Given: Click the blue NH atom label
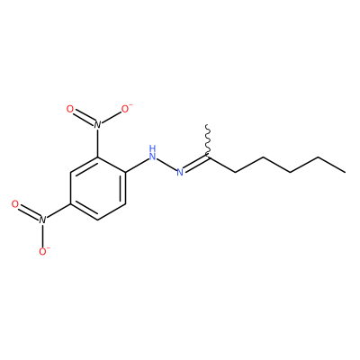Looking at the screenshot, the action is pos(152,152).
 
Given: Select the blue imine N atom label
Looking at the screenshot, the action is pos(180,172).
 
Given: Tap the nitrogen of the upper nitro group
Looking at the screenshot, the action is pos(97,124).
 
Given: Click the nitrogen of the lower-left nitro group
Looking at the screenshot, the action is pos(42,220).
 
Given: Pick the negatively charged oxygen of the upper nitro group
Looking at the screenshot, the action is pos(126,108).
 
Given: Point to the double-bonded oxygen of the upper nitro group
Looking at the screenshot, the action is pos(70,109).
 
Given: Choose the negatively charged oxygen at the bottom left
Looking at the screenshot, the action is pos(43,251).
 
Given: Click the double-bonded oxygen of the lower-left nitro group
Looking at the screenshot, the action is pos(15,204).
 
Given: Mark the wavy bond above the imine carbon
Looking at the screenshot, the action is pos(208,140).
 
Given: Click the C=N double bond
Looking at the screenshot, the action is pos(196,164).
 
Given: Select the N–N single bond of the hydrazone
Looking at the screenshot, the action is pos(166,164).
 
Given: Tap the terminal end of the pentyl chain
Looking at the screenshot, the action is pos(345,172).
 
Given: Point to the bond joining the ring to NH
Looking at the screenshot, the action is pos(137,165).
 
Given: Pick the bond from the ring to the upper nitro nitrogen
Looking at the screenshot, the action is pos(97,143).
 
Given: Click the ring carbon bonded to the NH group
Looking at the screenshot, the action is pos(125,172).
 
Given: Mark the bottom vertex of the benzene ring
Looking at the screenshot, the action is pos(97,220).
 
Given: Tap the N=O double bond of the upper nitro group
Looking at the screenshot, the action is pos(84,117).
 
